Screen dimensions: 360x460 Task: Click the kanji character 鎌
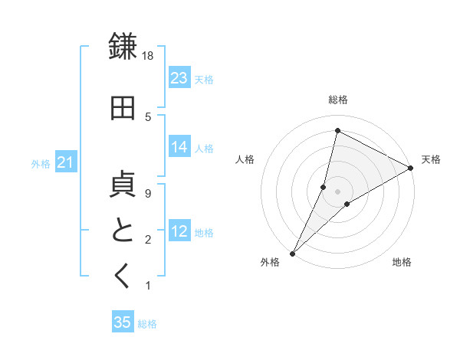click(123, 47)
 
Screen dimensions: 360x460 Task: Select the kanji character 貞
click(123, 186)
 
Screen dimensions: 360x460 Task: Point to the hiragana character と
click(123, 231)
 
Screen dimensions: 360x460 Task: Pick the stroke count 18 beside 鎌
click(149, 56)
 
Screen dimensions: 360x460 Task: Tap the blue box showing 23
click(179, 77)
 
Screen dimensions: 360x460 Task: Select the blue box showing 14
click(179, 147)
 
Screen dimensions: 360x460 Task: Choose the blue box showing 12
click(179, 231)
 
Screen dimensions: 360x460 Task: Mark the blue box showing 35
click(123, 322)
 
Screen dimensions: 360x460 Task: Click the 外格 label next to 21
click(40, 163)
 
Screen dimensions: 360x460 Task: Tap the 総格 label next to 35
click(147, 324)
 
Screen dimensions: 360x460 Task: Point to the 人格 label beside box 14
click(204, 148)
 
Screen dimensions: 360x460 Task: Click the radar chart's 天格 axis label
click(431, 159)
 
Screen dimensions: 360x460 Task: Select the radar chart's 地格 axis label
click(402, 263)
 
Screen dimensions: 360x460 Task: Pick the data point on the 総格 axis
click(337, 130)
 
